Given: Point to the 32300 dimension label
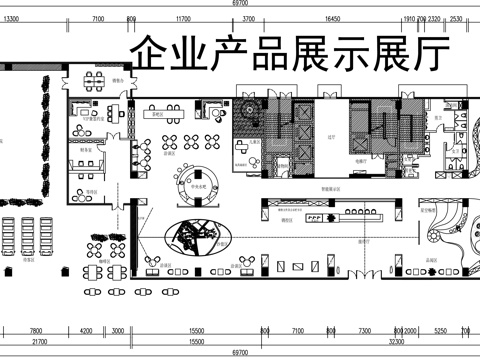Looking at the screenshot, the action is click(396, 341).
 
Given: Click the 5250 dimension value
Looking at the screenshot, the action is click(439, 330).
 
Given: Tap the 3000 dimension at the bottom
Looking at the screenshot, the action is click(117, 330).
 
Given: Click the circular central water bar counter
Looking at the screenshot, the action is click(198, 181).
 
